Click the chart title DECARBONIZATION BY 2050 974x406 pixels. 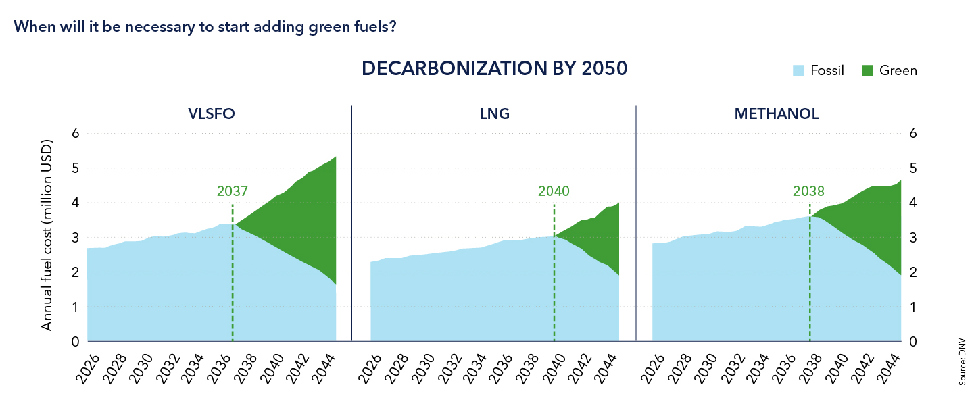[x=494, y=69]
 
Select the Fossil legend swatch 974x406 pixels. [x=798, y=70]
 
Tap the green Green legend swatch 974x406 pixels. [x=868, y=70]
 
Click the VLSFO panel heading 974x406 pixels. [x=212, y=114]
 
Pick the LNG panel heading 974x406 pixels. [x=494, y=114]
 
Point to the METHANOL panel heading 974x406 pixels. [x=776, y=114]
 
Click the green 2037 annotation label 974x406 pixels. [x=233, y=191]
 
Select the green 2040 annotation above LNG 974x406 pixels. [x=554, y=191]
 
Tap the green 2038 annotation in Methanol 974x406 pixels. [x=808, y=191]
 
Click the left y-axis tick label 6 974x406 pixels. [x=76, y=133]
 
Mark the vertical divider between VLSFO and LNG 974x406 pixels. [x=352, y=223]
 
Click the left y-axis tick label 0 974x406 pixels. [x=76, y=342]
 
